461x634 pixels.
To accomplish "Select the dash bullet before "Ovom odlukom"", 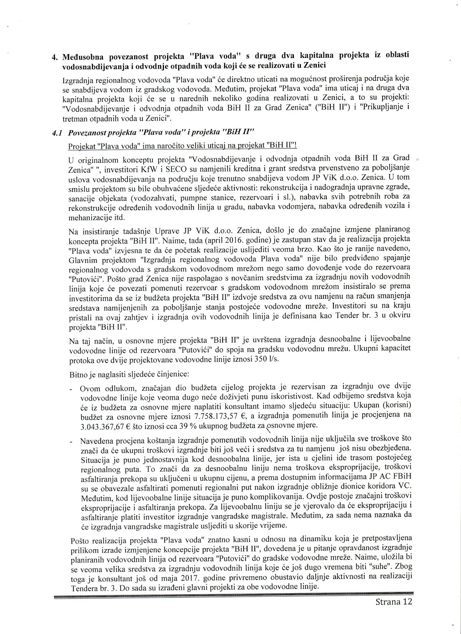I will (71, 387).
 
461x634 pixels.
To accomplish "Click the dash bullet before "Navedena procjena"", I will (71, 441).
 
